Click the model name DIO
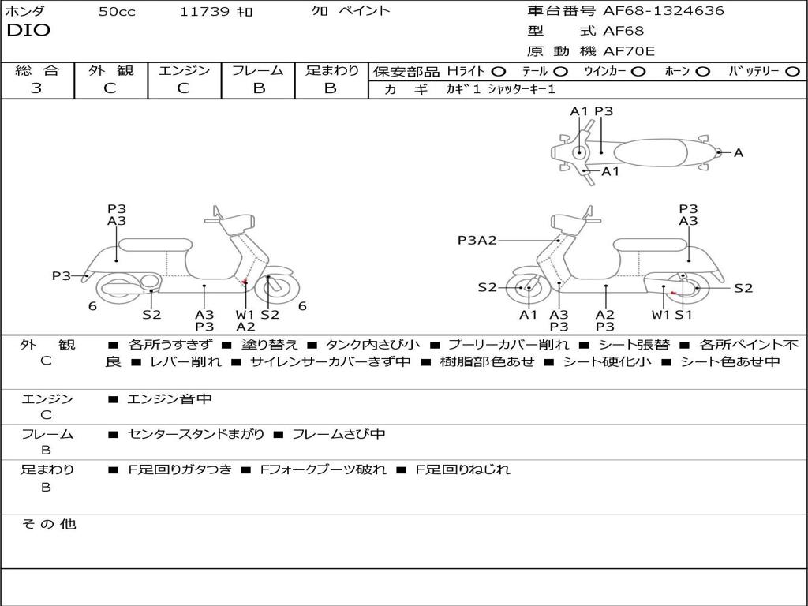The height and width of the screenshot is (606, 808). click(x=28, y=31)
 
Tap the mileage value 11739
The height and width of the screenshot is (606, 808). click(x=204, y=12)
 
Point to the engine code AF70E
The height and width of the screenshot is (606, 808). click(x=629, y=52)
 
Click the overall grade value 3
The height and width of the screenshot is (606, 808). click(x=36, y=88)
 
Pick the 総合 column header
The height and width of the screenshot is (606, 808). click(x=37, y=70)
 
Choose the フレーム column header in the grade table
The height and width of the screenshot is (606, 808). click(x=258, y=70)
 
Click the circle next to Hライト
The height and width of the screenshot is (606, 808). click(x=499, y=71)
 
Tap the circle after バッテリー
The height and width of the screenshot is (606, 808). click(x=793, y=71)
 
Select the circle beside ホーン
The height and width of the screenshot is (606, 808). click(x=702, y=71)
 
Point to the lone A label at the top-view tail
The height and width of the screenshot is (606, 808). click(x=739, y=153)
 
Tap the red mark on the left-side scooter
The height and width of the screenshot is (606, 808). click(x=245, y=282)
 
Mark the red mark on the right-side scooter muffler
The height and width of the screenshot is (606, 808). click(x=672, y=293)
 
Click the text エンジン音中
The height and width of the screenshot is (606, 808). click(x=170, y=399)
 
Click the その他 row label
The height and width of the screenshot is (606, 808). click(x=48, y=524)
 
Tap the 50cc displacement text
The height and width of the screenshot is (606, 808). click(x=117, y=12)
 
